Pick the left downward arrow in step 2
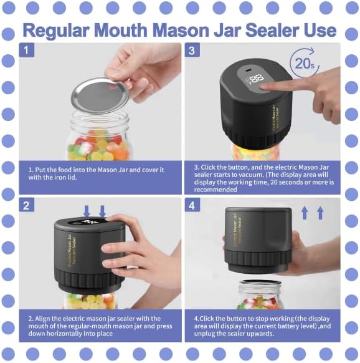click(x=88, y=212)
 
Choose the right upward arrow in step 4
click(x=321, y=213)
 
